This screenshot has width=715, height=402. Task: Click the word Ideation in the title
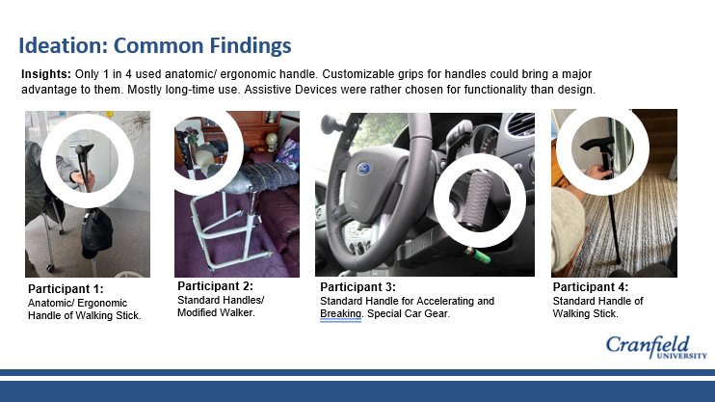[x=64, y=45]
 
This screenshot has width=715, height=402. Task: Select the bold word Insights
[x=46, y=74]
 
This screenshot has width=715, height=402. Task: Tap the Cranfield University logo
[x=656, y=348]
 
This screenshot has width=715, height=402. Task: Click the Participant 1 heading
[x=66, y=289]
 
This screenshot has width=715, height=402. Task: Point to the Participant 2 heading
[x=215, y=286]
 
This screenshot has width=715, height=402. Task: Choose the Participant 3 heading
[x=357, y=287]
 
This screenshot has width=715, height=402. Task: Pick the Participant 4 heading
[x=591, y=287]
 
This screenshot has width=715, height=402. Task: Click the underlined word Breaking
[x=340, y=314]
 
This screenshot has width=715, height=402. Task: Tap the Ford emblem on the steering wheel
[x=364, y=169]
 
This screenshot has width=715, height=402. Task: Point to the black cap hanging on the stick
[x=96, y=232]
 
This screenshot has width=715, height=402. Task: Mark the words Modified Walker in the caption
[x=216, y=312]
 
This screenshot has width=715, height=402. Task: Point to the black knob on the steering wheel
[x=330, y=124]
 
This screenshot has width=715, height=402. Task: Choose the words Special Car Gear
[x=409, y=314]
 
